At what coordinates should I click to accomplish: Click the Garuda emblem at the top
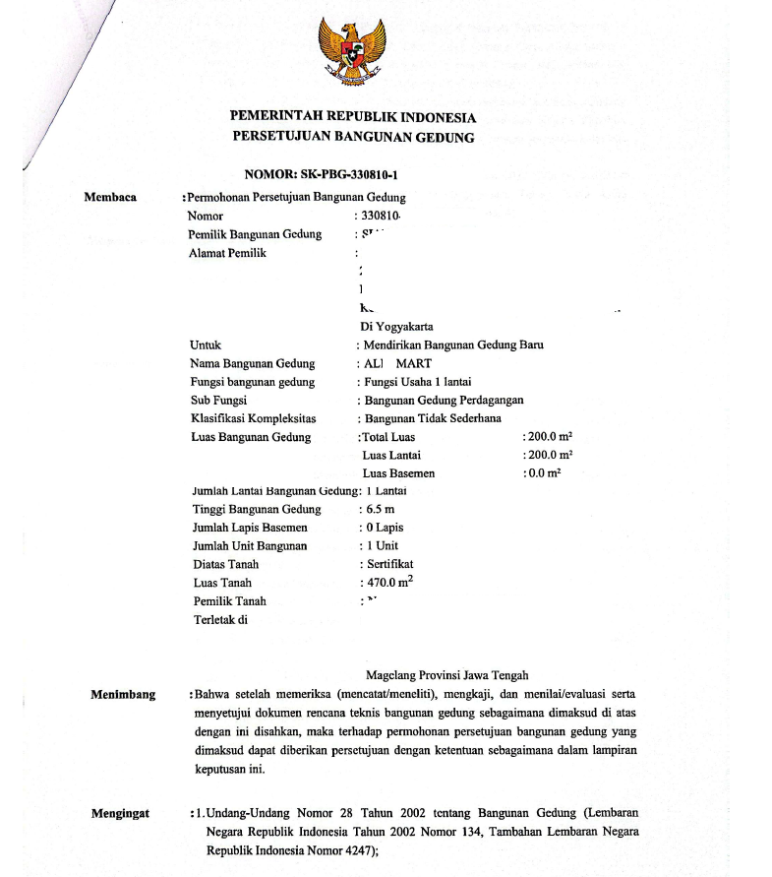tap(351, 52)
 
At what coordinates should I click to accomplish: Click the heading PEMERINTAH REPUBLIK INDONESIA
tap(352, 117)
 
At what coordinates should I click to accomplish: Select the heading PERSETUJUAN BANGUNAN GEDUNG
tap(353, 137)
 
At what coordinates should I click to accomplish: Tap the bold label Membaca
tap(110, 197)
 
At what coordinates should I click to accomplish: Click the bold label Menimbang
tap(123, 695)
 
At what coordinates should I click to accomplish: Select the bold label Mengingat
tap(121, 814)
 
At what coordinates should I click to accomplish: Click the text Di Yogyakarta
tap(397, 327)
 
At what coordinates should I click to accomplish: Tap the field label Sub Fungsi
tap(218, 401)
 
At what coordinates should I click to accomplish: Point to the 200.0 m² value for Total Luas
tap(548, 437)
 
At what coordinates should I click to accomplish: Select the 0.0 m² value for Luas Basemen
tap(542, 473)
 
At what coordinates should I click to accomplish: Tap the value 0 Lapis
tap(384, 528)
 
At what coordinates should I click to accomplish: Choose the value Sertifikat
tap(388, 564)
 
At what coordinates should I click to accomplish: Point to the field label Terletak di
tap(220, 620)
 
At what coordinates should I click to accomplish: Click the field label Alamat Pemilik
tap(227, 253)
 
